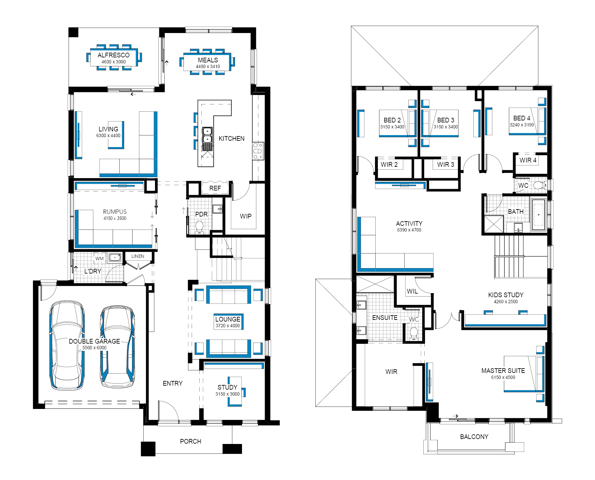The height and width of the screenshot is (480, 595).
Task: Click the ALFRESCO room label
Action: [x=113, y=55]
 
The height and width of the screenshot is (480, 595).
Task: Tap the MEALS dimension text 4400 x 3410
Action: [x=208, y=66]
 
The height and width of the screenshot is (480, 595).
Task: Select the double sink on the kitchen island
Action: [x=207, y=135]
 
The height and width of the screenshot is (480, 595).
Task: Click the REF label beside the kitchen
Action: [x=215, y=188]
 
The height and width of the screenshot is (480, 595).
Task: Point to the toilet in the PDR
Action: [x=199, y=227]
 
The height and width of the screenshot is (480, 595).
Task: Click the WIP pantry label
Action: [x=246, y=216]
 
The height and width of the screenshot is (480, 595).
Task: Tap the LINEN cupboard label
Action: [x=138, y=256]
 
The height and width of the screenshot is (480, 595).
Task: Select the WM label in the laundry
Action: [x=99, y=259]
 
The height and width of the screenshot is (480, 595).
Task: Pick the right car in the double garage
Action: [x=118, y=347]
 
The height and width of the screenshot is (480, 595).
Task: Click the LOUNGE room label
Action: [x=228, y=319]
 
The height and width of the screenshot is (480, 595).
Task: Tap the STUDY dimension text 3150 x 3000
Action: [x=227, y=394]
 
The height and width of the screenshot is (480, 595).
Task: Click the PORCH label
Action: [x=191, y=441]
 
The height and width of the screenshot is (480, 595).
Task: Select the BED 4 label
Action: [x=522, y=118]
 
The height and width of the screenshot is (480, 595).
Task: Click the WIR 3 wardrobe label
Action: [x=446, y=164]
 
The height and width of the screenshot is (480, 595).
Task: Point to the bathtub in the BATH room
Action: [x=538, y=214]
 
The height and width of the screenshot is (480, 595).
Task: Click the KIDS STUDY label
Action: [x=506, y=295]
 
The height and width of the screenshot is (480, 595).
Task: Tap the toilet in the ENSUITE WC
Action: [x=414, y=334]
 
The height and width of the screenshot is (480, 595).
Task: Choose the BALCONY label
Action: [x=474, y=437]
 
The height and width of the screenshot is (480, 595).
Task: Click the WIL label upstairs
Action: [x=412, y=291]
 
